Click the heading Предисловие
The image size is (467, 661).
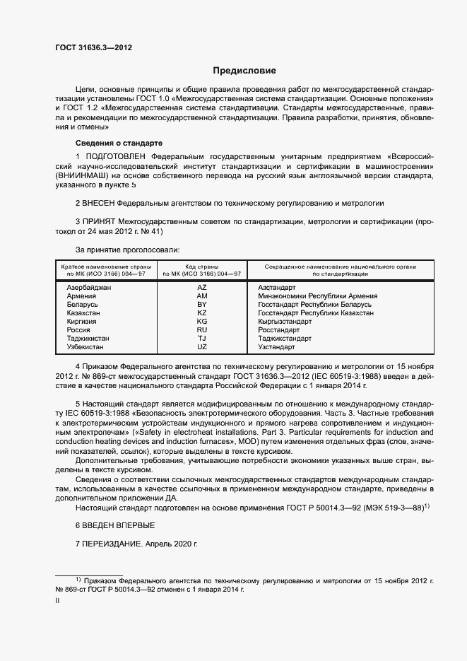click(x=244, y=71)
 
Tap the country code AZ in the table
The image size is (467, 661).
click(x=201, y=288)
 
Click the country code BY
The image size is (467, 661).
click(x=201, y=305)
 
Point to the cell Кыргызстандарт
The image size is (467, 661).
click(x=285, y=322)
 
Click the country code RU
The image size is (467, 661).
click(x=201, y=330)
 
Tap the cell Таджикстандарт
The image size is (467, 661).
click(x=285, y=339)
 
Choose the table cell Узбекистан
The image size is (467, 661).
click(x=85, y=347)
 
